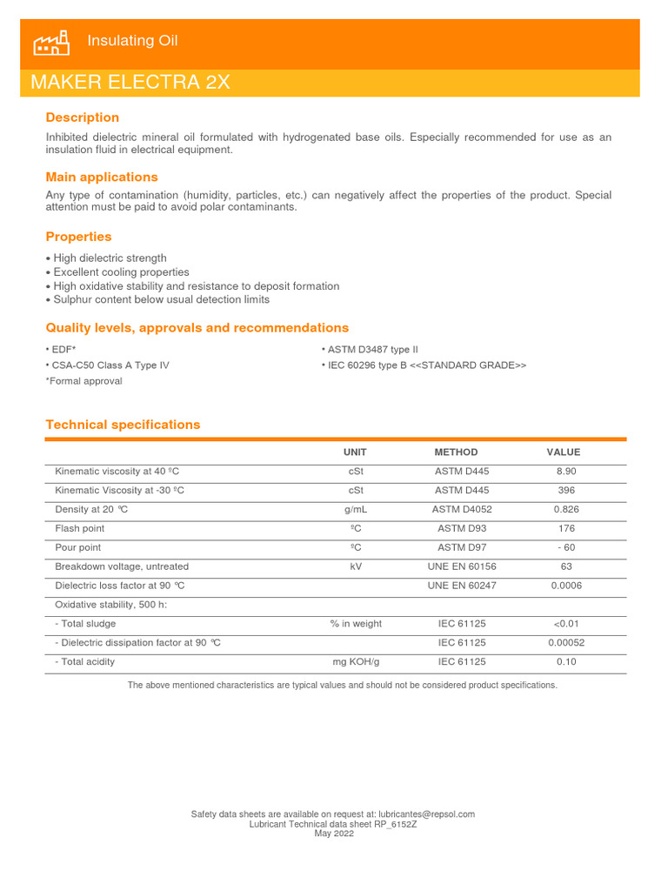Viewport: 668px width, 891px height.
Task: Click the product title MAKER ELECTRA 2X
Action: pos(130,83)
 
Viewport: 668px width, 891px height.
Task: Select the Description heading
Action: pos(83,117)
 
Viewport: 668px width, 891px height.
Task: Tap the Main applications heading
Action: pos(102,177)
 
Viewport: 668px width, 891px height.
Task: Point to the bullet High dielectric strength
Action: pos(110,258)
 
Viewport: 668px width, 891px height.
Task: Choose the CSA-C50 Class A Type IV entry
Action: pos(110,365)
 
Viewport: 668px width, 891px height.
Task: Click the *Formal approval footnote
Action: pos(84,381)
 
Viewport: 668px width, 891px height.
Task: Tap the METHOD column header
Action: pos(456,452)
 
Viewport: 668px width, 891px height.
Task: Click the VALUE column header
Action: pos(563,452)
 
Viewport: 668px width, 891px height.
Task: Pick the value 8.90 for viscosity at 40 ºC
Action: pos(565,472)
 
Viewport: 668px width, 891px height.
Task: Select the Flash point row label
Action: pos(80,528)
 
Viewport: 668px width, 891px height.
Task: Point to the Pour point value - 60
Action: pos(565,547)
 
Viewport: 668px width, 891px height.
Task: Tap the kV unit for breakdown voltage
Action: pos(355,566)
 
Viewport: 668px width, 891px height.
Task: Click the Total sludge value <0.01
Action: pos(565,624)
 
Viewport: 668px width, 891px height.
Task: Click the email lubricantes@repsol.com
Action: pos(427,814)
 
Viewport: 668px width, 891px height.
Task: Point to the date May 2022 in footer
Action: pos(333,834)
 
